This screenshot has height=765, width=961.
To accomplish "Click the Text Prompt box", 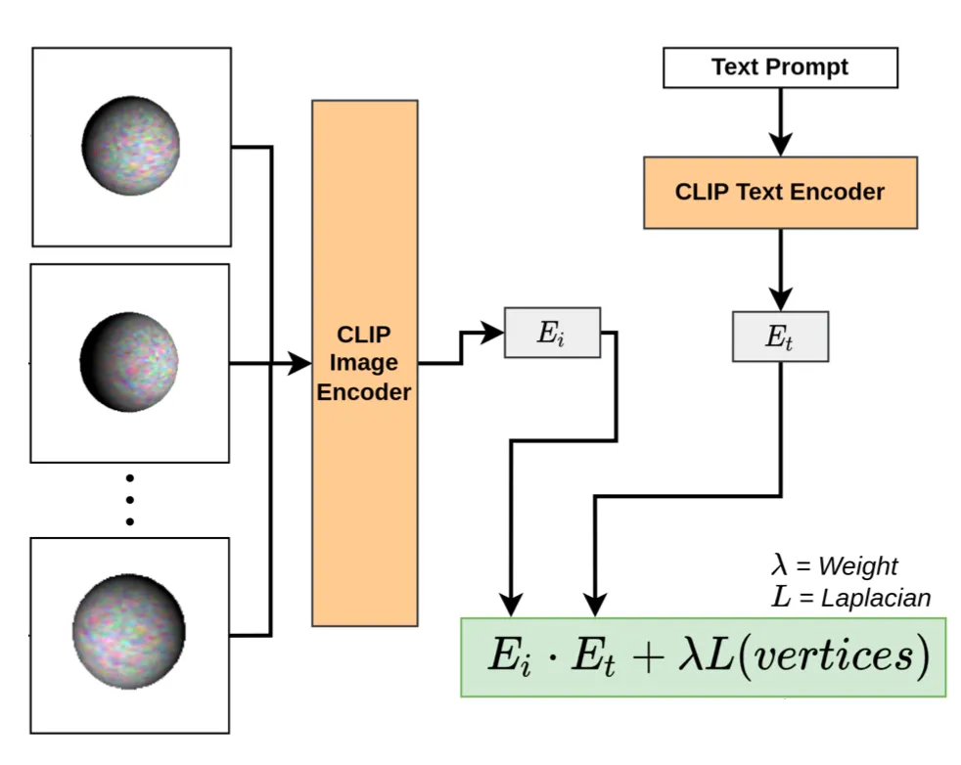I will pyautogui.click(x=780, y=67).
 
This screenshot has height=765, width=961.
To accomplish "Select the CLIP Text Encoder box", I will pyautogui.click(x=780, y=192).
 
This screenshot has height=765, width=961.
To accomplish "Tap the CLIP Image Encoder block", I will pyautogui.click(x=364, y=363).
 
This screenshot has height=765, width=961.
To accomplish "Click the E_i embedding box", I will pyautogui.click(x=552, y=333).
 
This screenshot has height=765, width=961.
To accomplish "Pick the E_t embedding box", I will pyautogui.click(x=780, y=337).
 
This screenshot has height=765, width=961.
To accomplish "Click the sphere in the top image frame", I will pyautogui.click(x=130, y=146).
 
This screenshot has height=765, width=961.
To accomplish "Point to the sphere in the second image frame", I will pyautogui.click(x=129, y=362).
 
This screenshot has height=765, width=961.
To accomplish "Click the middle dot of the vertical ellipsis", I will pyautogui.click(x=130, y=500).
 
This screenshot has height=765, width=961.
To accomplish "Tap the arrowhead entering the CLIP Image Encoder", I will pyautogui.click(x=301, y=364).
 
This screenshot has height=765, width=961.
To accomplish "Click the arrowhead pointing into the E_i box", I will pyautogui.click(x=493, y=333).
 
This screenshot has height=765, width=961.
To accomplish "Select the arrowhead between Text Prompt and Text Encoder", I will pyautogui.click(x=780, y=144).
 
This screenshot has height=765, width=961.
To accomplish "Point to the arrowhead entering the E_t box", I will pyautogui.click(x=780, y=299).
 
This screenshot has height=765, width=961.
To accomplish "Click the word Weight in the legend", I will pyautogui.click(x=857, y=566).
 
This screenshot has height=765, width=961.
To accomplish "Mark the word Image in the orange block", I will pyautogui.click(x=364, y=363).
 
